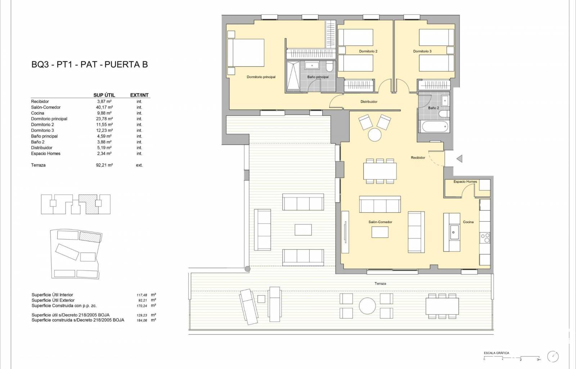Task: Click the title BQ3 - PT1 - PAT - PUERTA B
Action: point(90,65)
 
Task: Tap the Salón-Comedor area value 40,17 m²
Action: point(104,107)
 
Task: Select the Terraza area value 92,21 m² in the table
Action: point(104,165)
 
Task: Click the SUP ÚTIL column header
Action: point(104,95)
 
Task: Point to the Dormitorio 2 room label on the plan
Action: point(368,51)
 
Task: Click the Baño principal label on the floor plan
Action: point(318,77)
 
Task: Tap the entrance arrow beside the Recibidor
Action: point(459,159)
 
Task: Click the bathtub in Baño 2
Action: point(435,126)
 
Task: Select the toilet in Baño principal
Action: point(329,66)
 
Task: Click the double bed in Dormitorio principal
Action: point(246,53)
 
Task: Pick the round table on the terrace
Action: point(367,306)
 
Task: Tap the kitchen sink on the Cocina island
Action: point(454,232)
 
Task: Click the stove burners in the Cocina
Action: point(485,238)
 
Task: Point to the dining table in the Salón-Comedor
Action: point(380,171)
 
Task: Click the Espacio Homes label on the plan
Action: point(465,182)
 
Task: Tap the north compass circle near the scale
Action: point(553,357)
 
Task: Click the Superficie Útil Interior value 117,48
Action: point(142,295)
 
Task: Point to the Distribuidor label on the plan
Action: point(369,102)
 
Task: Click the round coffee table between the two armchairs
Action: point(375,135)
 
